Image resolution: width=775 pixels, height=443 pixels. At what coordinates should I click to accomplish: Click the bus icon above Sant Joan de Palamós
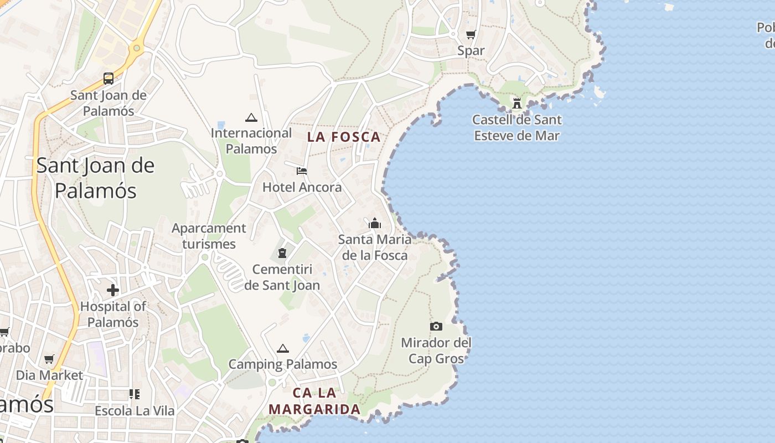(x=108, y=79)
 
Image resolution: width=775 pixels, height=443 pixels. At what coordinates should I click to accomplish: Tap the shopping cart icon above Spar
(x=471, y=35)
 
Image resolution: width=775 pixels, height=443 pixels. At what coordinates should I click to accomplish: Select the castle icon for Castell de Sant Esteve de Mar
(x=517, y=103)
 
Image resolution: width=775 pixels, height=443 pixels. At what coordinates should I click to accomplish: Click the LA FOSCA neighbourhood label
(x=344, y=137)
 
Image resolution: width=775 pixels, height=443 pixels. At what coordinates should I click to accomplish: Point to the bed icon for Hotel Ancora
(x=302, y=171)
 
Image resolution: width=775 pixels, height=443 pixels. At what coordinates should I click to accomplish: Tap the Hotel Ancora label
(x=302, y=187)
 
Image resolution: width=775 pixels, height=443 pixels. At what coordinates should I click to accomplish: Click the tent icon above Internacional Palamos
(x=251, y=117)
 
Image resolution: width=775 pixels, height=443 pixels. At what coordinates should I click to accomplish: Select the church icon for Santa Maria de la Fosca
(x=375, y=224)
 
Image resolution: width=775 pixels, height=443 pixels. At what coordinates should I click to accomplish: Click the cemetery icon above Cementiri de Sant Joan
(x=282, y=254)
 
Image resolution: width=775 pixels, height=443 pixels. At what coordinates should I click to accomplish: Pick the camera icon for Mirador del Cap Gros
(x=436, y=327)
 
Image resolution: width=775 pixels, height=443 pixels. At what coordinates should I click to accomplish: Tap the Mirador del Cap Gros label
(x=436, y=351)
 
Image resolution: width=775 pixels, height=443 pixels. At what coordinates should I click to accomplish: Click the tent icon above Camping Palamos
(x=283, y=348)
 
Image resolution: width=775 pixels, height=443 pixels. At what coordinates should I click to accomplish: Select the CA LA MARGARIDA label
(x=314, y=401)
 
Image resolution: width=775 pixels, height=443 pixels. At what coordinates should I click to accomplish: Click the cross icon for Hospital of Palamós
(x=113, y=290)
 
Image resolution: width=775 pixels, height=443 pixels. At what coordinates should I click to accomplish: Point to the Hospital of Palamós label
(x=113, y=314)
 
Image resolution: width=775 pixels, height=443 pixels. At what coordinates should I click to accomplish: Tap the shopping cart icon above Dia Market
(x=49, y=359)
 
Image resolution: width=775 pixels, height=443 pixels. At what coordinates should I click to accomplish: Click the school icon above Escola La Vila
(x=135, y=394)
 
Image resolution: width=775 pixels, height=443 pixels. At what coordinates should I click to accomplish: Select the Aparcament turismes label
(x=209, y=236)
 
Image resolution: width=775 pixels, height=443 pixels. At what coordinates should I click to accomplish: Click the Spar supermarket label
(x=471, y=51)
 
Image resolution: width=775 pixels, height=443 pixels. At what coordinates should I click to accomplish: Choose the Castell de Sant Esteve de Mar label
(x=517, y=127)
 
